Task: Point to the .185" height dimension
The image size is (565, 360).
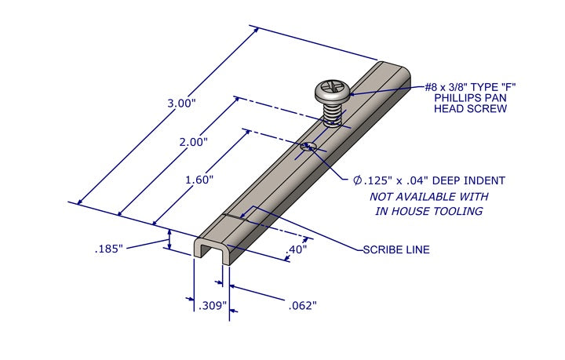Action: coord(111,249)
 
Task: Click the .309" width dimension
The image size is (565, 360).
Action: coord(213,304)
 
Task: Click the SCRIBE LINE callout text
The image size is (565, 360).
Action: coord(395,250)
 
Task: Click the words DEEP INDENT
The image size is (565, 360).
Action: coord(466,180)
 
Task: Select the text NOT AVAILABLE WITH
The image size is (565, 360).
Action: coord(429,196)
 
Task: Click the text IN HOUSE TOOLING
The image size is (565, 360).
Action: coord(428,211)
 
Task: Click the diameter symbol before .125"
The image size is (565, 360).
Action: coord(357,180)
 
